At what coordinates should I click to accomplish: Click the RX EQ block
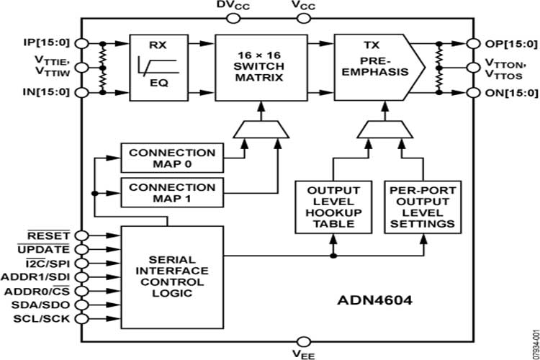(x=158, y=68)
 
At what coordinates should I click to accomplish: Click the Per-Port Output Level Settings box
(x=422, y=207)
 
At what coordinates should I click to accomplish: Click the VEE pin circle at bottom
(x=303, y=341)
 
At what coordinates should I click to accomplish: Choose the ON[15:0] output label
(x=510, y=92)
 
